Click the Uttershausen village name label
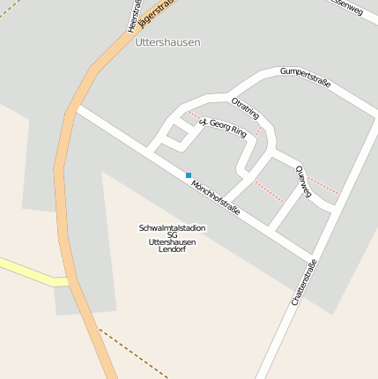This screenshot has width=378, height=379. pyautogui.click(x=167, y=41)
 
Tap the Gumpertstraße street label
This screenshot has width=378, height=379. pyautogui.click(x=305, y=77)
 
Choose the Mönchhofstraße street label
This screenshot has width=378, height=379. pyautogui.click(x=216, y=192)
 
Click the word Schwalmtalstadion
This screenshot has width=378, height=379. pyautogui.click(x=173, y=227)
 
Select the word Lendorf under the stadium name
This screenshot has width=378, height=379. pyautogui.click(x=173, y=249)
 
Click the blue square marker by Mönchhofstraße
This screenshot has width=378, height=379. pyautogui.click(x=189, y=175)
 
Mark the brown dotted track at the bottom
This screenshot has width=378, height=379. pyautogui.click(x=132, y=353)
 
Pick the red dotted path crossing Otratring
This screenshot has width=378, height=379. pyautogui.click(x=258, y=132)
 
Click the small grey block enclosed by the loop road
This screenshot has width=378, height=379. pyautogui.click(x=177, y=133)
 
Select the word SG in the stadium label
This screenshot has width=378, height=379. pyautogui.click(x=173, y=234)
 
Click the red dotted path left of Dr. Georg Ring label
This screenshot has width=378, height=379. pyautogui.click(x=192, y=115)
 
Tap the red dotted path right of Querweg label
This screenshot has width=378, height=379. pyautogui.click(x=323, y=186)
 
